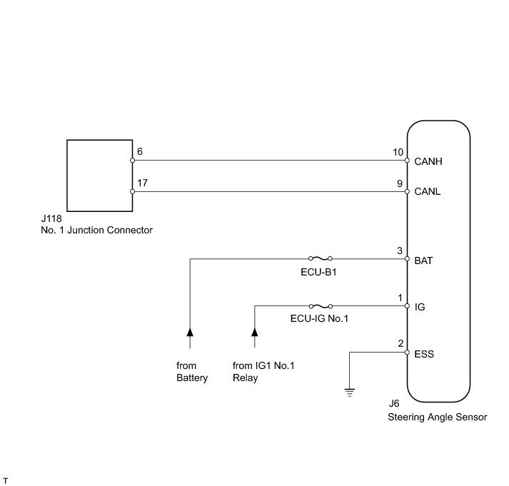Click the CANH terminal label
[429, 161]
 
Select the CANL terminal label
[428, 192]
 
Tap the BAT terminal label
[424, 260]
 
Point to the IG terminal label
[420, 307]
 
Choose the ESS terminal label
[424, 353]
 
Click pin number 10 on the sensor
[398, 153]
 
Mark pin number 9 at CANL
[400, 183]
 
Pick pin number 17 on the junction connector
[143, 183]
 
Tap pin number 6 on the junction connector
[140, 152]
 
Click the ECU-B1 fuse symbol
[319, 259]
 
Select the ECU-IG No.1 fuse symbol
[319, 305]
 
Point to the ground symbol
[349, 391]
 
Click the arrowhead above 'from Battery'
[190, 332]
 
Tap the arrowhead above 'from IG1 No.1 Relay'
[254, 332]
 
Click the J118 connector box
[99, 175]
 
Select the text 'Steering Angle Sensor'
[438, 417]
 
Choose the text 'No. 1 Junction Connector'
[97, 230]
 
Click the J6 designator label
[394, 403]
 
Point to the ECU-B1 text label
[318, 272]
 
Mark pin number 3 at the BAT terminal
[400, 252]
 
